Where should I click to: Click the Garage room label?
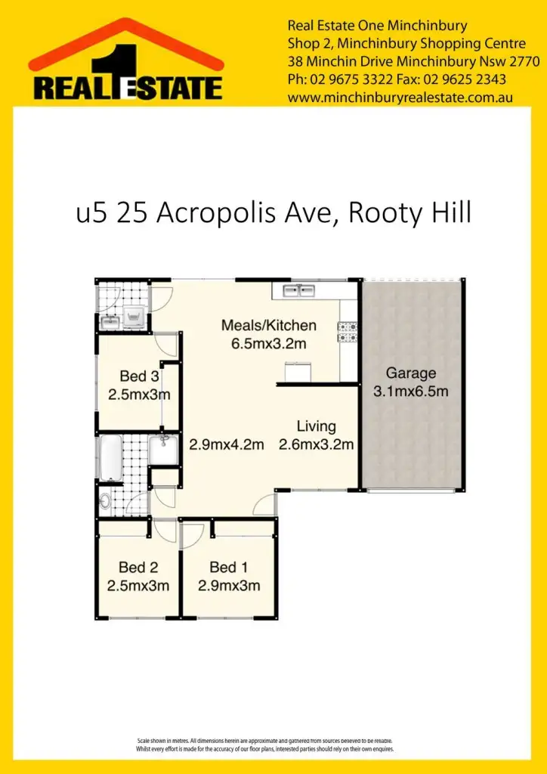pyautogui.click(x=411, y=373)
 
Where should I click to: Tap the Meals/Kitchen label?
pyautogui.click(x=268, y=326)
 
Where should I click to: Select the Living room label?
pyautogui.click(x=316, y=426)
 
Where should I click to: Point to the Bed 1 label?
pyautogui.click(x=228, y=567)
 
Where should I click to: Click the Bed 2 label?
pyautogui.click(x=138, y=567)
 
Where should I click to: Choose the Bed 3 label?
pyautogui.click(x=139, y=376)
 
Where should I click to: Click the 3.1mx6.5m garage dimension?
pyautogui.click(x=411, y=392)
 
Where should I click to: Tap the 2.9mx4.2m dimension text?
pyautogui.click(x=226, y=444)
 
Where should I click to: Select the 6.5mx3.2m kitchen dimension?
pyautogui.click(x=268, y=345)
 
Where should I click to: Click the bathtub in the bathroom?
pyautogui.click(x=111, y=457)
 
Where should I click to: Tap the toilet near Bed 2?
pyautogui.click(x=104, y=500)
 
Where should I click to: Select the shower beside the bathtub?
pyautogui.click(x=162, y=450)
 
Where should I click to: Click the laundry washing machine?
pyautogui.click(x=136, y=317)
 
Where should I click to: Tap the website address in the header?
pyautogui.click(x=400, y=97)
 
